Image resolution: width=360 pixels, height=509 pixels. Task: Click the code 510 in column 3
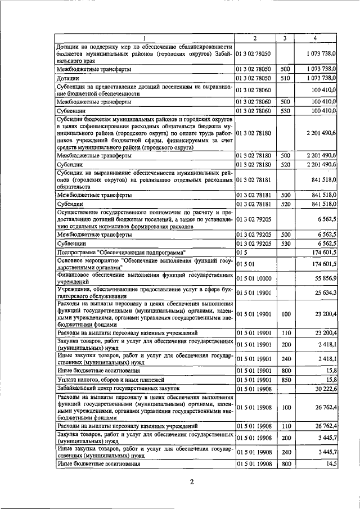pyautogui.click(x=285, y=78)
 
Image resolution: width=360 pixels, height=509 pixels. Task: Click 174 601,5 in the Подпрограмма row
pyautogui.click(x=322, y=253)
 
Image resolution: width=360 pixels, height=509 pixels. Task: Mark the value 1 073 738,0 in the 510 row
pyautogui.click(x=320, y=78)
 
